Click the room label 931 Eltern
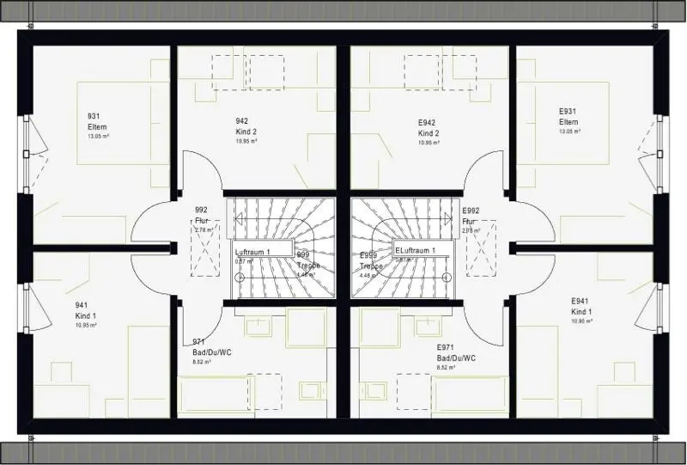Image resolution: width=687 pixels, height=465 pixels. pyautogui.click(x=97, y=121)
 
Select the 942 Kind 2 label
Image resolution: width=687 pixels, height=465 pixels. pyautogui.click(x=246, y=126)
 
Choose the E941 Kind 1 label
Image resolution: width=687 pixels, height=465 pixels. pyautogui.click(x=582, y=306)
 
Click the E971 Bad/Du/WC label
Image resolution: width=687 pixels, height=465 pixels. pyautogui.click(x=456, y=352)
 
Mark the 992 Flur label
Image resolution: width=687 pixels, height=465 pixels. pyautogui.click(x=202, y=215)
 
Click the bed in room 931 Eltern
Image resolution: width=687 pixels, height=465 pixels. pyautogui.click(x=122, y=122)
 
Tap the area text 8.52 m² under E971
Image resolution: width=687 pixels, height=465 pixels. pyautogui.click(x=446, y=367)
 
